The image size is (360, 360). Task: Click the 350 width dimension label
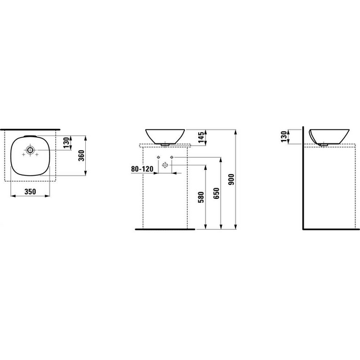31,191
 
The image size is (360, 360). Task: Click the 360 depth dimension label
82,156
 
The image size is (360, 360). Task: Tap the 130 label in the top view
66,143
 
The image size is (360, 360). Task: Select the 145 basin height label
201,137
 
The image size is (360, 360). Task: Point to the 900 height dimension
232,179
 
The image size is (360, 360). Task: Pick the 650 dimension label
216,194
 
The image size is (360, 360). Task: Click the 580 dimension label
201,197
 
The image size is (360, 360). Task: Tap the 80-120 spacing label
142,169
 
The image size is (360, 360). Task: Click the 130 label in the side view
284,137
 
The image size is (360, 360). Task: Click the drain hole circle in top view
30,150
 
